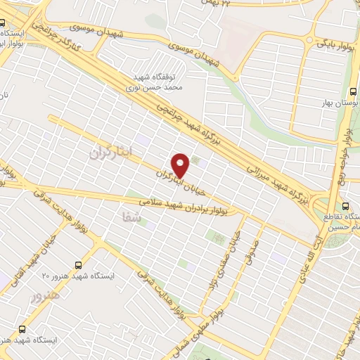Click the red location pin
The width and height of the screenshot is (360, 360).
tap(181, 165)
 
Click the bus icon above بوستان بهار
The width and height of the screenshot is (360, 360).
tap(353, 91)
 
